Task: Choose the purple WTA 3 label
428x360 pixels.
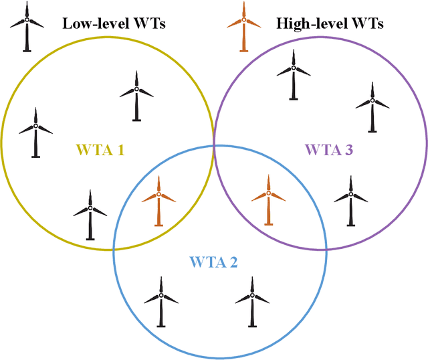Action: pos(328,150)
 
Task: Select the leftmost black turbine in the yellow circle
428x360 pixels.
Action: pos(35,131)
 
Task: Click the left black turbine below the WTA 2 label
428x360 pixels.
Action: pos(161,301)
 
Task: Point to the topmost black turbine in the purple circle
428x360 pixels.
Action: pos(294,74)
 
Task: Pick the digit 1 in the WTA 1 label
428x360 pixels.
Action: pos(120,150)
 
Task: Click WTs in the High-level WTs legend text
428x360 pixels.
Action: pos(367,24)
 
